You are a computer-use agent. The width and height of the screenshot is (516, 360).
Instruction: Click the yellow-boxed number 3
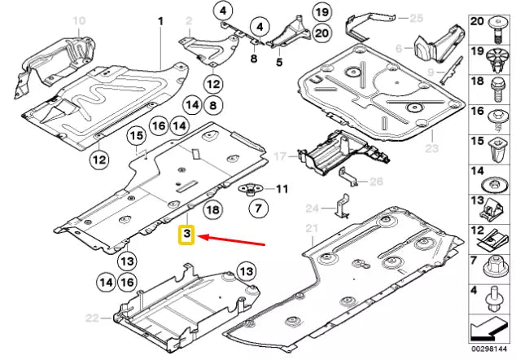click(x=186, y=236)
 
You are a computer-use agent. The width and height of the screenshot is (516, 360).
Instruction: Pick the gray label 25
click(x=417, y=17)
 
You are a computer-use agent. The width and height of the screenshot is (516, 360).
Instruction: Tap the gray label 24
click(x=313, y=208)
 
